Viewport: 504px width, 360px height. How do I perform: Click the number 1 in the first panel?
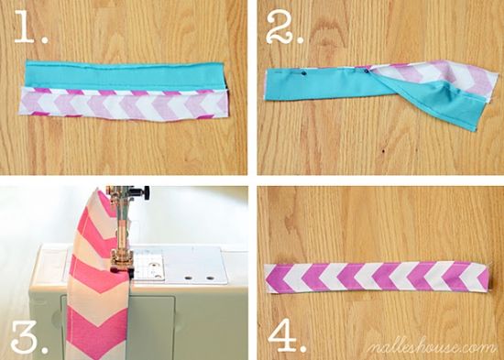(25, 27)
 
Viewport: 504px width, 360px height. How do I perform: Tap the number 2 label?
(279, 27)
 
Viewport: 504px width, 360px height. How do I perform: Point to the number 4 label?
(282, 335)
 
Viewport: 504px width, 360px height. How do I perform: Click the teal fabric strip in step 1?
(124, 76)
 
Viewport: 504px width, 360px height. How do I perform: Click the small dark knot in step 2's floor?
(384, 151)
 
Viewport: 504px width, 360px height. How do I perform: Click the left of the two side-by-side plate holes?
(190, 277)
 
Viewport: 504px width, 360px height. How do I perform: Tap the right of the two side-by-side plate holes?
(211, 278)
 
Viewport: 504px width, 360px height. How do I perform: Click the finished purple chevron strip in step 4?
(378, 278)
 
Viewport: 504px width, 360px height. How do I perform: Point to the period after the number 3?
(45, 349)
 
